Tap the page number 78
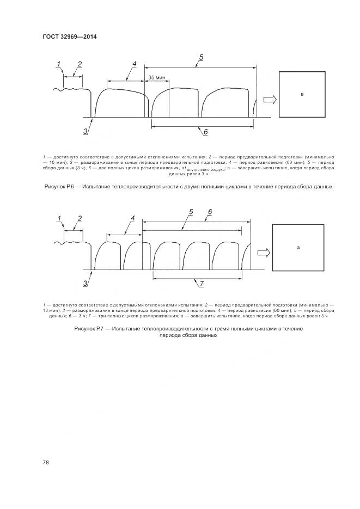(x=46, y=462)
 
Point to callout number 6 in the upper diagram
(x=205, y=132)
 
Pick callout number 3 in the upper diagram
(x=86, y=131)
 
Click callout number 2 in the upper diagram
(x=80, y=64)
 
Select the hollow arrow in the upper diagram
(x=269, y=100)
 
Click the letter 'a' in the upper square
(x=302, y=94)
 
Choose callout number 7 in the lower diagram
(x=201, y=284)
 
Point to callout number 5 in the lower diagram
(x=191, y=212)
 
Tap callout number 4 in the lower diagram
(x=133, y=218)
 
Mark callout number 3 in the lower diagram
(x=86, y=283)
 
